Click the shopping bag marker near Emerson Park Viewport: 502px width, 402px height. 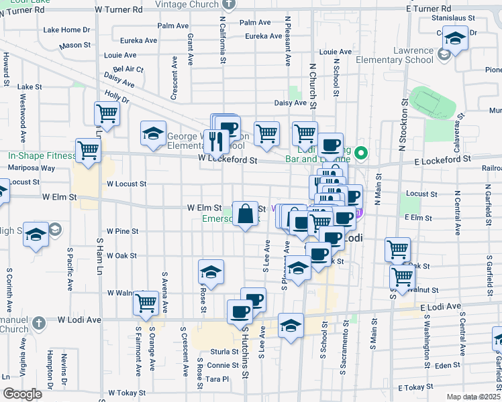(246, 214)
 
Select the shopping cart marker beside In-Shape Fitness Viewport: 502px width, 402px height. (89, 151)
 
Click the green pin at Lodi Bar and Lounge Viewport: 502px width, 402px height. (362, 153)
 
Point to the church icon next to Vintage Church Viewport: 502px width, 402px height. (230, 4)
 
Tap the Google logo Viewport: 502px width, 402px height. (23, 394)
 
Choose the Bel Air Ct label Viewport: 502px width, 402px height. (128, 69)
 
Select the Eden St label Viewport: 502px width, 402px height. (445, 365)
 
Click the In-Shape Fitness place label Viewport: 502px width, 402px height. (42, 155)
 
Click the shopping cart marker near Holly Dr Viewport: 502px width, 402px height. (107, 115)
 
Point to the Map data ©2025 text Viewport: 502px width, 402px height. (472, 397)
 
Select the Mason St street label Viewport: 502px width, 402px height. (74, 46)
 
